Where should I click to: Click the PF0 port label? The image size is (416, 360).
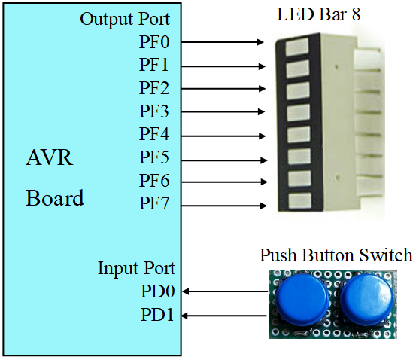(155, 42)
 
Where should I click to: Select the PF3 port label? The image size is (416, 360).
(155, 112)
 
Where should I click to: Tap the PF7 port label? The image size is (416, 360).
(155, 205)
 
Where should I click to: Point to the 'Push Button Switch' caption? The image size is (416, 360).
(336, 255)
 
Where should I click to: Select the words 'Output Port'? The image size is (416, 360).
(125, 19)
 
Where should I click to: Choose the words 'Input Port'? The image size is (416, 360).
(136, 269)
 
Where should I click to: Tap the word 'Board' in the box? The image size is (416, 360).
(55, 199)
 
